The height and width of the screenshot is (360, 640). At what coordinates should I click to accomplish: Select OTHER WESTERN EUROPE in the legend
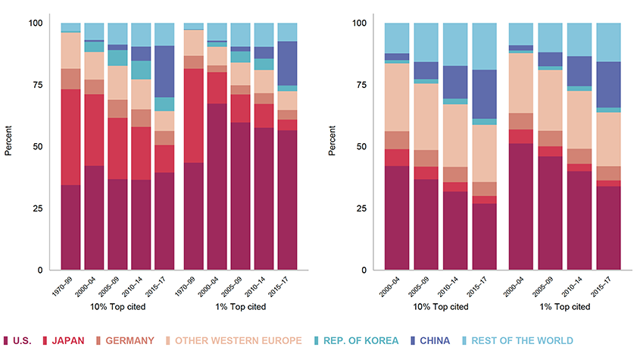click(x=239, y=341)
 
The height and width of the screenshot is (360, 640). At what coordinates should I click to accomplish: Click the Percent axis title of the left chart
click(x=8, y=146)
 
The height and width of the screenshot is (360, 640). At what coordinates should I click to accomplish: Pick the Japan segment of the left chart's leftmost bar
click(x=70, y=137)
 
